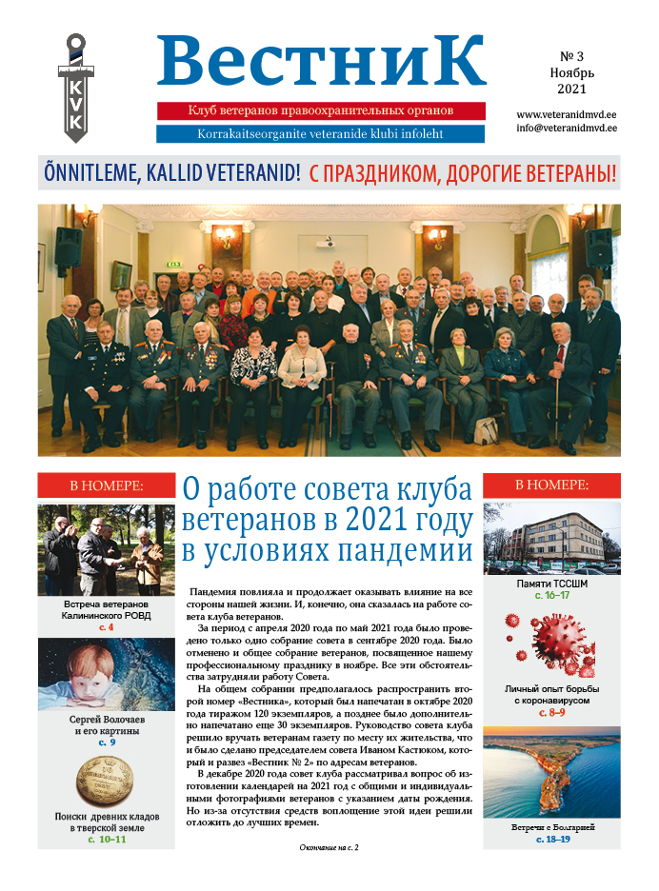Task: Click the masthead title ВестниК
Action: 321,60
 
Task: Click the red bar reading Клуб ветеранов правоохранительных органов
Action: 321,111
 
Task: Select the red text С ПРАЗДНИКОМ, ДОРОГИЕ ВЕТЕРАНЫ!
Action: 463,173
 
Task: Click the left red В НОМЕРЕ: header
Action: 107,485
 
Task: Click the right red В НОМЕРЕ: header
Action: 551,485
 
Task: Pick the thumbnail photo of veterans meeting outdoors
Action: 107,549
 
